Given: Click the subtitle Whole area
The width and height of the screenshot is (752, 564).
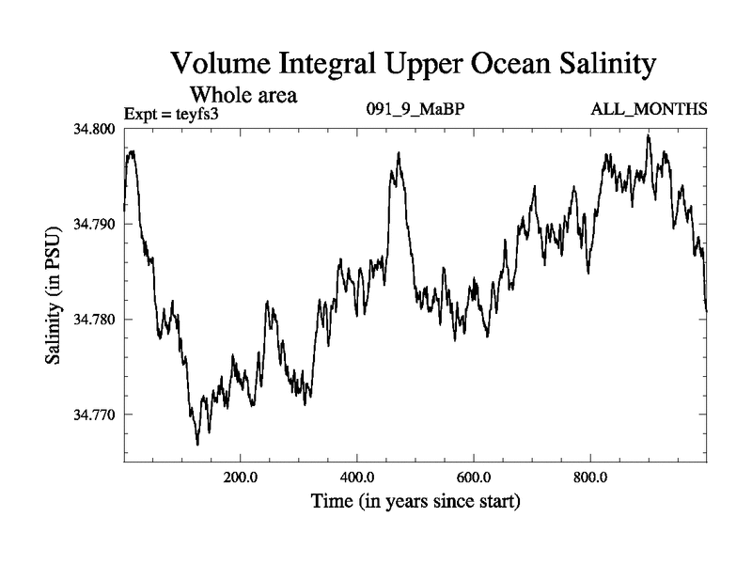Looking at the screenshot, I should (244, 95).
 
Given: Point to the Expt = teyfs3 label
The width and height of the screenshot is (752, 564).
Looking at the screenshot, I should (178, 115).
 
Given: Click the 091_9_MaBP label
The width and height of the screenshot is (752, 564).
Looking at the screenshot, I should (415, 110).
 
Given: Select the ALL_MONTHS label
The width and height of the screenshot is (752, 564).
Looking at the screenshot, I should (649, 110).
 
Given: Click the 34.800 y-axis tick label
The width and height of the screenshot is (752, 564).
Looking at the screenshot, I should (95, 129).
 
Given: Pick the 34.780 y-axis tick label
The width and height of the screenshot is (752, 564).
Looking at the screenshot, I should (95, 320).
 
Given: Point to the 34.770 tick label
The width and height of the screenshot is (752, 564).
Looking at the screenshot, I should (95, 415).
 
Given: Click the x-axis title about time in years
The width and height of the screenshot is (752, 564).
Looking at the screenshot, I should (415, 502).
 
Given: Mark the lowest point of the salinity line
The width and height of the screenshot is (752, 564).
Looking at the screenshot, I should (197, 444).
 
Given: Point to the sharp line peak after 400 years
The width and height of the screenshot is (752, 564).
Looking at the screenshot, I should (399, 153).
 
